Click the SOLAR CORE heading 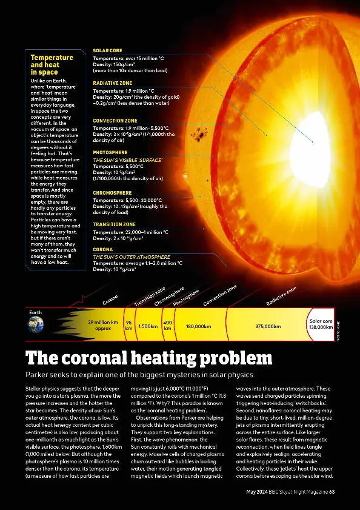(x=107, y=50)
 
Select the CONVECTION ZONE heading (x=115, y=121)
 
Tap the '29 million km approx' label (x=103, y=326)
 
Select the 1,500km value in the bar (x=148, y=326)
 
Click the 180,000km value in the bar (x=198, y=326)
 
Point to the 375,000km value (x=268, y=326)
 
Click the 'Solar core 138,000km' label (x=321, y=324)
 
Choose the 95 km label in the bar (x=128, y=326)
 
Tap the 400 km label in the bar (x=168, y=326)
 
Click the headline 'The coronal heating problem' (x=148, y=357)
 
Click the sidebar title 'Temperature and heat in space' (x=52, y=65)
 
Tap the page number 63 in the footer (x=332, y=491)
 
